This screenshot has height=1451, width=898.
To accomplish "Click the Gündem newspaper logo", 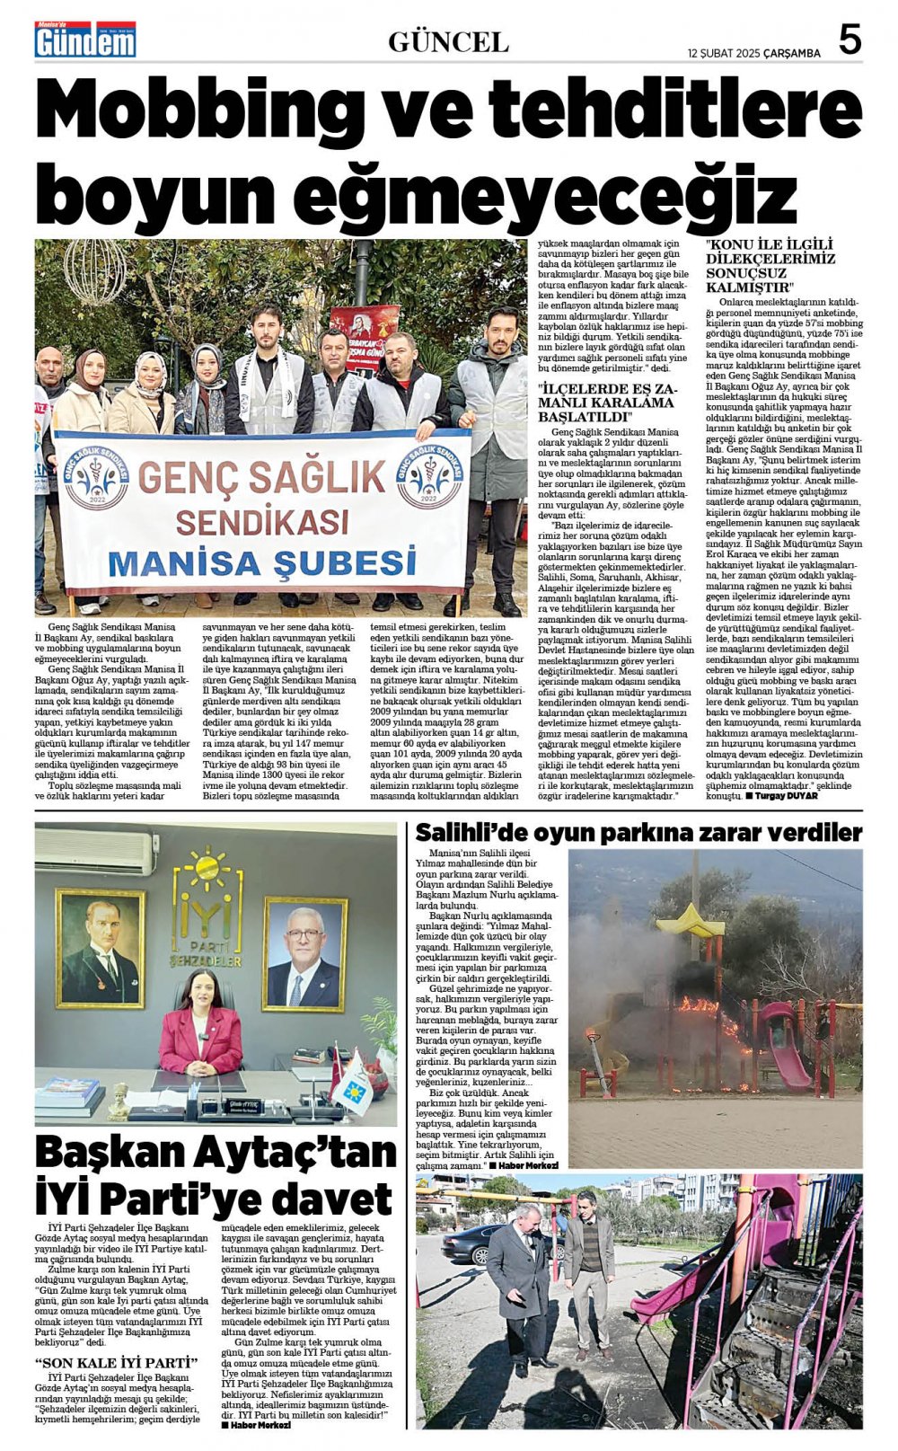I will coord(85,40).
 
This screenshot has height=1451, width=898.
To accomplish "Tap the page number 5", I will coord(849,40).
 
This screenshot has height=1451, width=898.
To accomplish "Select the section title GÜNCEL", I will coord(448,41).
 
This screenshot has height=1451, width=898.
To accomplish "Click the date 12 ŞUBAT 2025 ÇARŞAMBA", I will coord(754,53).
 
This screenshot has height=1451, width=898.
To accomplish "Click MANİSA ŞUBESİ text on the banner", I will coord(262,562).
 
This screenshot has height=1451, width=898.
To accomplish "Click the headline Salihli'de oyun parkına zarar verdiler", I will coord(638,833).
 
